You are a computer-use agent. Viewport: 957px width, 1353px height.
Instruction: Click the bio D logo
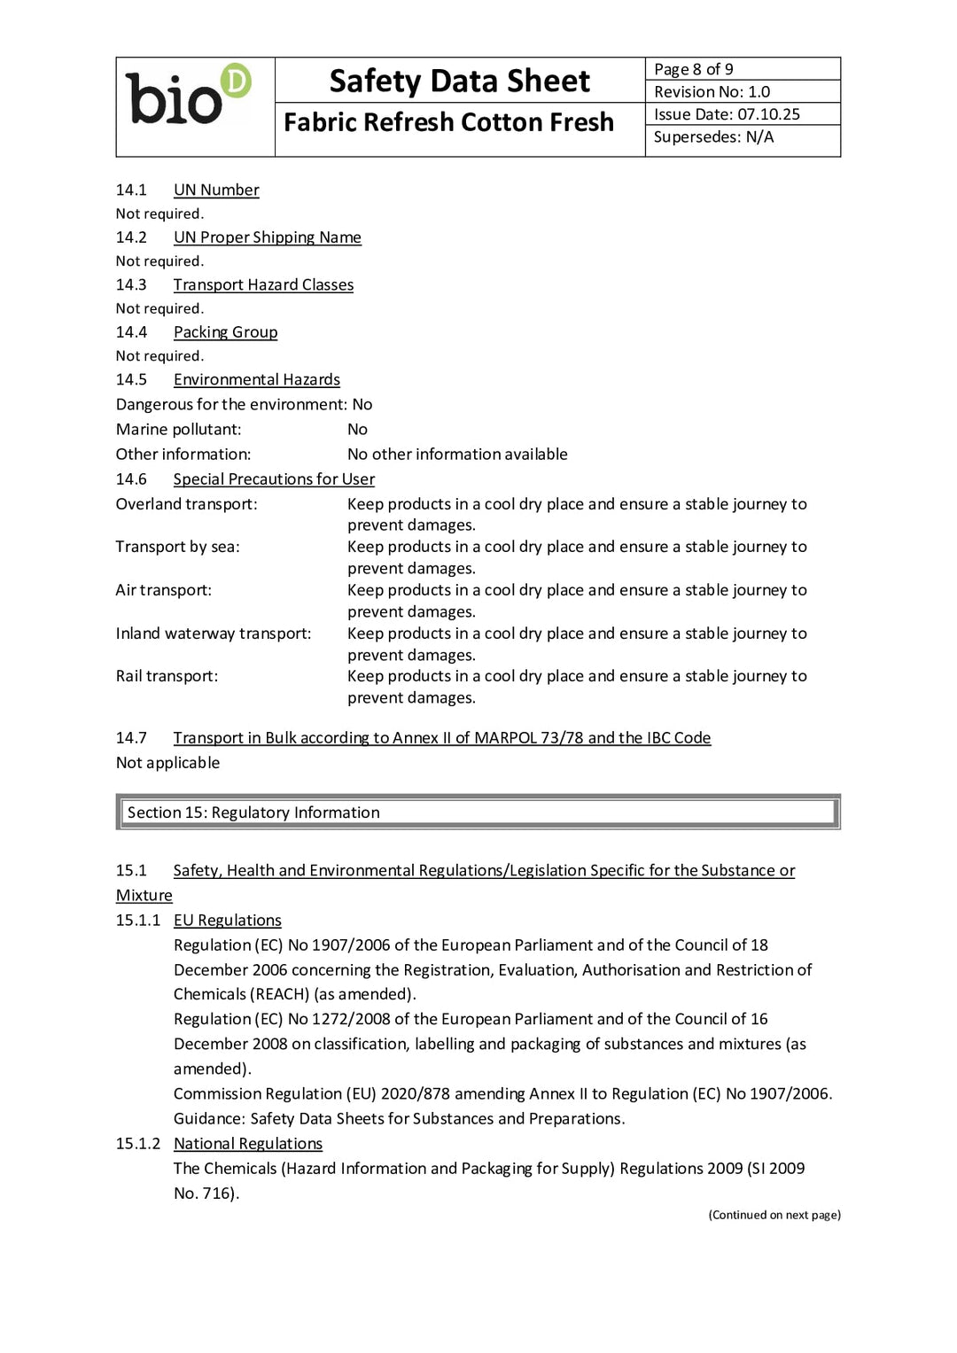(189, 95)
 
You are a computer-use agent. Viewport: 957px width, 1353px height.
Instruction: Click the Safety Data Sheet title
(459, 82)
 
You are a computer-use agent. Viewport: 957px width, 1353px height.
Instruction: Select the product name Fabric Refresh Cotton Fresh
(448, 122)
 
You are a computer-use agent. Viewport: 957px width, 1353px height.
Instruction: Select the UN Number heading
(216, 191)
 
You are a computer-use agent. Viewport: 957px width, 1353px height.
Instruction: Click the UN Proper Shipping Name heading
(267, 237)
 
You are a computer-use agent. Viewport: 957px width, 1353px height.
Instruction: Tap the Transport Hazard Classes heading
(263, 285)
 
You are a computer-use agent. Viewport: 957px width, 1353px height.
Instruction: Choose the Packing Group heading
(225, 332)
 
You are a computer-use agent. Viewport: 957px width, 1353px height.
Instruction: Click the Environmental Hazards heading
(256, 380)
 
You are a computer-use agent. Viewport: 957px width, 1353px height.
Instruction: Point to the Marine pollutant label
(178, 430)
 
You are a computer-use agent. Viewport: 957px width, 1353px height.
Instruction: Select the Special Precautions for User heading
(274, 479)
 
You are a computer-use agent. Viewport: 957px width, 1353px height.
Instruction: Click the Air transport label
(164, 590)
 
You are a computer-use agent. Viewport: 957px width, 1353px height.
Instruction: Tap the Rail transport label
(167, 676)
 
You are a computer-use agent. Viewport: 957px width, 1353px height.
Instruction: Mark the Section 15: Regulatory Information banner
(478, 813)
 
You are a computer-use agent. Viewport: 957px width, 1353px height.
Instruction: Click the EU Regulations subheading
(227, 921)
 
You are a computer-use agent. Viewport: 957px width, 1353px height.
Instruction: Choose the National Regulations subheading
(247, 1144)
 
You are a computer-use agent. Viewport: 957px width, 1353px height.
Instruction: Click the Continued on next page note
(774, 1215)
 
